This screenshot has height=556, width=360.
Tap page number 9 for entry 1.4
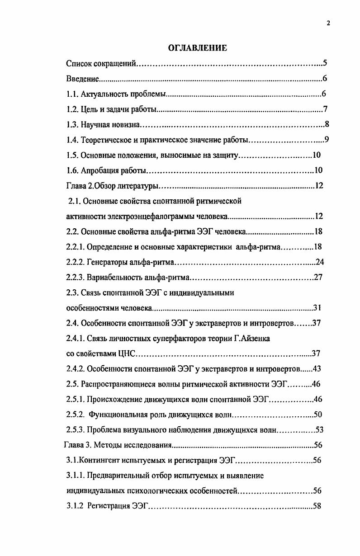[326, 140]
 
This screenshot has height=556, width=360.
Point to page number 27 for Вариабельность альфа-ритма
[318, 278]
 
